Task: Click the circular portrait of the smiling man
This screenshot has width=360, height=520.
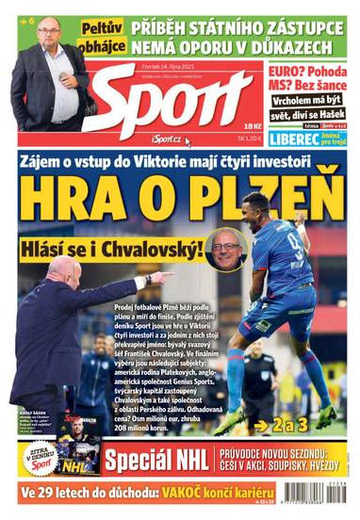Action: pyautogui.click(x=226, y=248)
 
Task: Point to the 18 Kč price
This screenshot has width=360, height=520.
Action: pyautogui.click(x=252, y=124)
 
